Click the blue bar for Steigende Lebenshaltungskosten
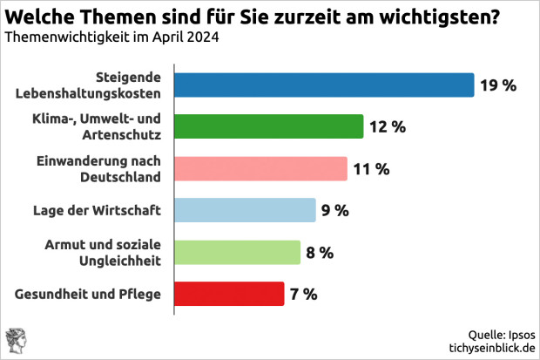tap(324, 85)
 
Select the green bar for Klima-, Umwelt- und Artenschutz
tap(268, 126)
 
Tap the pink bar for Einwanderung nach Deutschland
tap(260, 168)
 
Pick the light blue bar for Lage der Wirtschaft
tap(245, 210)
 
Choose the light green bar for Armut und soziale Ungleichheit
tap(237, 252)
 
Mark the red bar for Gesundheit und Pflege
tap(229, 294)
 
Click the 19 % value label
tap(497, 85)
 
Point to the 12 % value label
tap(387, 127)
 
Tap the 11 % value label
tap(371, 169)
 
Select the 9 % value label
tap(335, 211)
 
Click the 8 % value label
tap(320, 253)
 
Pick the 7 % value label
tap(304, 295)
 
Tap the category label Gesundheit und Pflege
tap(89, 294)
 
